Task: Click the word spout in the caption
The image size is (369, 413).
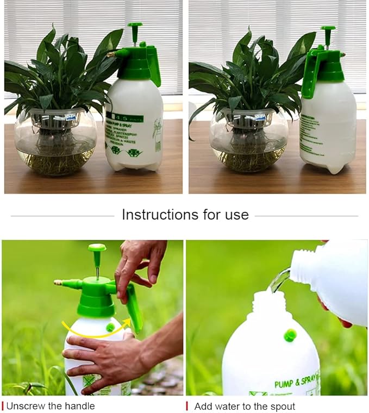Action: (282, 406)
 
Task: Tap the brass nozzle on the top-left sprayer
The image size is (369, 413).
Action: (111, 54)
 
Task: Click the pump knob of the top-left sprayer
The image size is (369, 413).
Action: (135, 26)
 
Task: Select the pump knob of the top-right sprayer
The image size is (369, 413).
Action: (328, 28)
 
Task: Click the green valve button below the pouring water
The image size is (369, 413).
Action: (290, 335)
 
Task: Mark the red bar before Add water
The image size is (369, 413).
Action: (187, 406)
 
